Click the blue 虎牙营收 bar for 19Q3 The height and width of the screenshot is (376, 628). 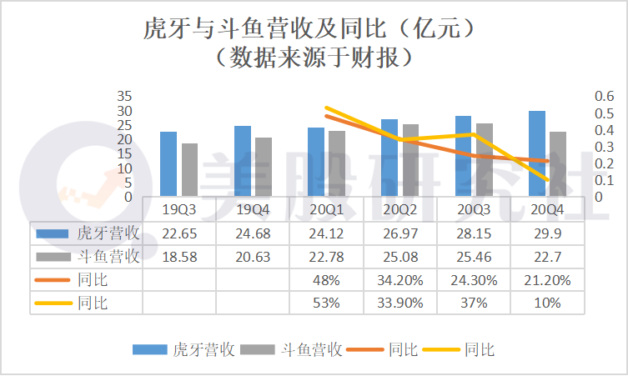(168, 164)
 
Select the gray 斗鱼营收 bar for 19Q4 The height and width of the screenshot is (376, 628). (264, 168)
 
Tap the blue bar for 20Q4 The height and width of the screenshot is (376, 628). (537, 154)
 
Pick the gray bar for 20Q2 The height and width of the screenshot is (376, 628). (410, 161)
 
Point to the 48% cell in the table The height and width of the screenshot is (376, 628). (325, 280)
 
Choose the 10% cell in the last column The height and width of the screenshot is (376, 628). (547, 303)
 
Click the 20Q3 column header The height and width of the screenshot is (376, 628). (473, 209)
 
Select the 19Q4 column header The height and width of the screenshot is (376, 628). (252, 209)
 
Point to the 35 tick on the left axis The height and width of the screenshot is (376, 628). (124, 95)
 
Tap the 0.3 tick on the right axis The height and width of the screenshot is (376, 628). (602, 147)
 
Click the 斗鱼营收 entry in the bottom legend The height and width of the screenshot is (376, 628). (312, 350)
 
